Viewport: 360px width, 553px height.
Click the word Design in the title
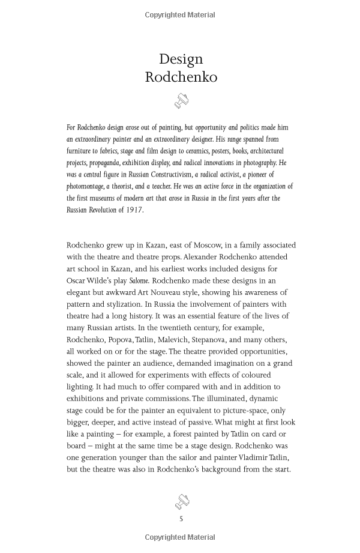181,59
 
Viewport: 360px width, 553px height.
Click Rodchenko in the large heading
181,77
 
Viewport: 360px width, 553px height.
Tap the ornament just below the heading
181,101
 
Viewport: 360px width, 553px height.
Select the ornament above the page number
181,501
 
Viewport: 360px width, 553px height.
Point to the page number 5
181,519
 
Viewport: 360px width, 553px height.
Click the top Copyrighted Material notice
180,15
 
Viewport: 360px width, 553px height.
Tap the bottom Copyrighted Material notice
180,537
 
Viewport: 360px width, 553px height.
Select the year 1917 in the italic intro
135,210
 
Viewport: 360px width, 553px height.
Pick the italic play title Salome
139,280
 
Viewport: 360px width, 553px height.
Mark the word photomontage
85,187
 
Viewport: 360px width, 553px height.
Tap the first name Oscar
77,280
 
